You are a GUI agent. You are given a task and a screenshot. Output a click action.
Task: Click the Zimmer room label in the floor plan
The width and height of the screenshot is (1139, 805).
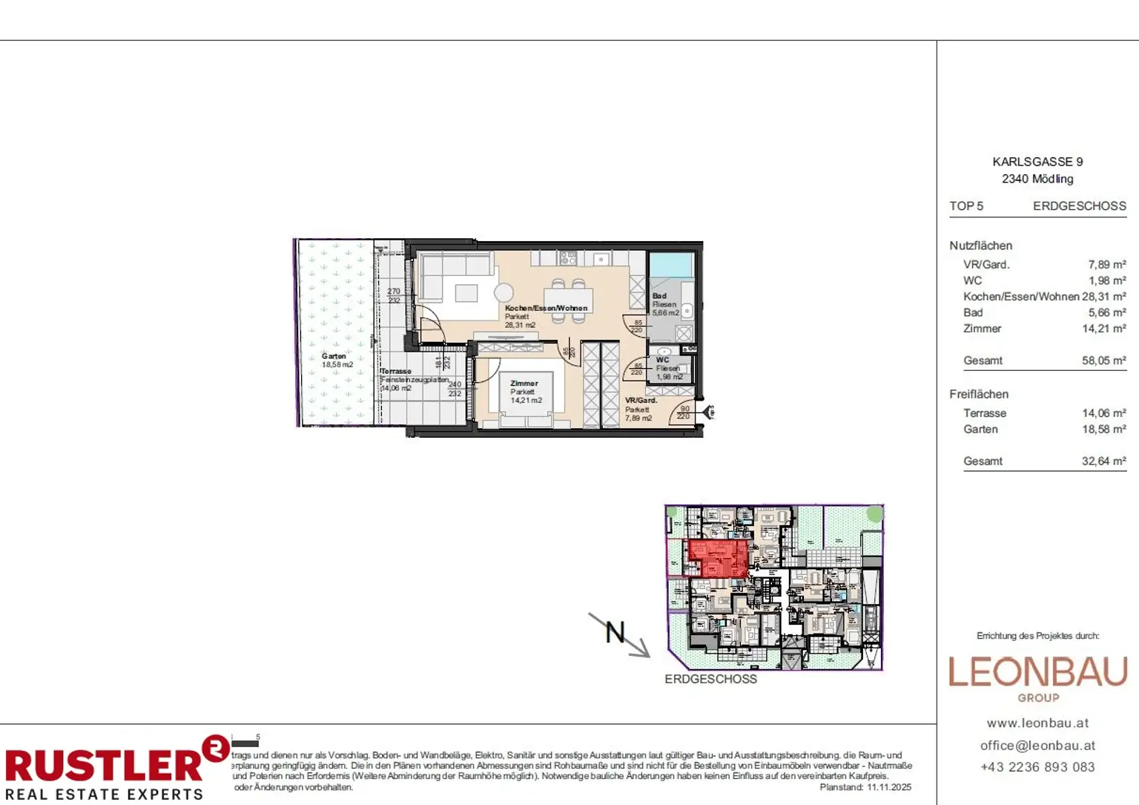pyautogui.click(x=524, y=384)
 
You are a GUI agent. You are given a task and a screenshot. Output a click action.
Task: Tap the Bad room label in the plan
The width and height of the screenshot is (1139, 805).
pyautogui.click(x=659, y=295)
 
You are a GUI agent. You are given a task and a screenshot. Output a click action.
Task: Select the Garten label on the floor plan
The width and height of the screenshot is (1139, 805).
pyautogui.click(x=334, y=356)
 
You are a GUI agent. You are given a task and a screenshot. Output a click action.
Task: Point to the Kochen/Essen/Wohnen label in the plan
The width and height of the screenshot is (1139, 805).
pyautogui.click(x=546, y=308)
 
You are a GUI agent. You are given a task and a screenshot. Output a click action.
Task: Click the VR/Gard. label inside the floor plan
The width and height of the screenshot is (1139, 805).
pyautogui.click(x=641, y=401)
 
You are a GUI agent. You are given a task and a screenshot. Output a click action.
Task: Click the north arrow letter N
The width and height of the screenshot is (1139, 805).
pyautogui.click(x=615, y=632)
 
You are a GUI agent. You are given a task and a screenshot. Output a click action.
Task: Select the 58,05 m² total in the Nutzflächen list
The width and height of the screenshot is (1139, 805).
pyautogui.click(x=1103, y=361)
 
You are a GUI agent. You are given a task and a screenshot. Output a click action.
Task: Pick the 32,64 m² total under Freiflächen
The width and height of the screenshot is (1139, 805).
pyautogui.click(x=1103, y=461)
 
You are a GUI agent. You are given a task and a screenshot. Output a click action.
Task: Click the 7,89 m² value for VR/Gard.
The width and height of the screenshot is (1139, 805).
pyautogui.click(x=1106, y=265)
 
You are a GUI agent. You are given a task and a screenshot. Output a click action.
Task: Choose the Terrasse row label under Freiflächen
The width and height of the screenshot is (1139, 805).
pyautogui.click(x=985, y=413)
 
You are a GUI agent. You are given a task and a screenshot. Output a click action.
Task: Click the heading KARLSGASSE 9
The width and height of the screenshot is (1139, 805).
pyautogui.click(x=1037, y=162)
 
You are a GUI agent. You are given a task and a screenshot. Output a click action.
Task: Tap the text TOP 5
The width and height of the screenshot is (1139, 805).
pyautogui.click(x=966, y=206)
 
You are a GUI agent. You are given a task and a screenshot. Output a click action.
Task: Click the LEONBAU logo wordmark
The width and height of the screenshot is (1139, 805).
pyautogui.click(x=1037, y=672)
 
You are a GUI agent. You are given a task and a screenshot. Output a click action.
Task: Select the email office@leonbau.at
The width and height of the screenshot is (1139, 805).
pyautogui.click(x=1037, y=746)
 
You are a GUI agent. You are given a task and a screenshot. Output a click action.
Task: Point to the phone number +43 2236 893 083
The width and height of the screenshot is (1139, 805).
pyautogui.click(x=1037, y=767)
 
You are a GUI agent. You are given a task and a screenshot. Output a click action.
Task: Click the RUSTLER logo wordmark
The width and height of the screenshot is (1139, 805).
pyautogui.click(x=104, y=765)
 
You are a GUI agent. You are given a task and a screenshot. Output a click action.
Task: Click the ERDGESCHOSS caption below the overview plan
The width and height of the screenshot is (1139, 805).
pyautogui.click(x=710, y=679)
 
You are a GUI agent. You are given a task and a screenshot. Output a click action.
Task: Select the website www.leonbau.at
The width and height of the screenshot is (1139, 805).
pyautogui.click(x=1037, y=723)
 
